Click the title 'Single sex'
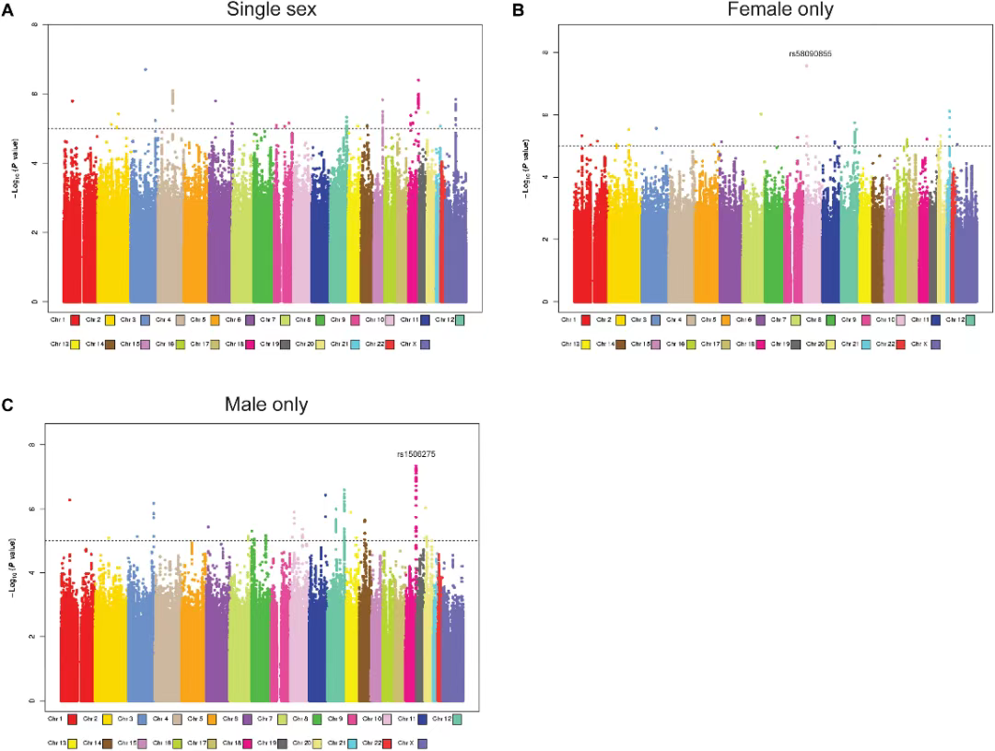tap(259, 10)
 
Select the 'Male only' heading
tap(265, 405)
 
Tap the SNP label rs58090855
tap(810, 54)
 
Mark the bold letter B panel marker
tap(518, 11)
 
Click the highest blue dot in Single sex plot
tap(145, 69)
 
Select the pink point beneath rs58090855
tap(807, 65)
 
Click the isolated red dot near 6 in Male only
tap(69, 499)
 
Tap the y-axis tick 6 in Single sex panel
tap(36, 94)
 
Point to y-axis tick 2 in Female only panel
tap(546, 239)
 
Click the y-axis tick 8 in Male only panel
tap(34, 445)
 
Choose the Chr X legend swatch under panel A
tap(422, 344)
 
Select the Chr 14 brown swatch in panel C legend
tap(108, 743)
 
